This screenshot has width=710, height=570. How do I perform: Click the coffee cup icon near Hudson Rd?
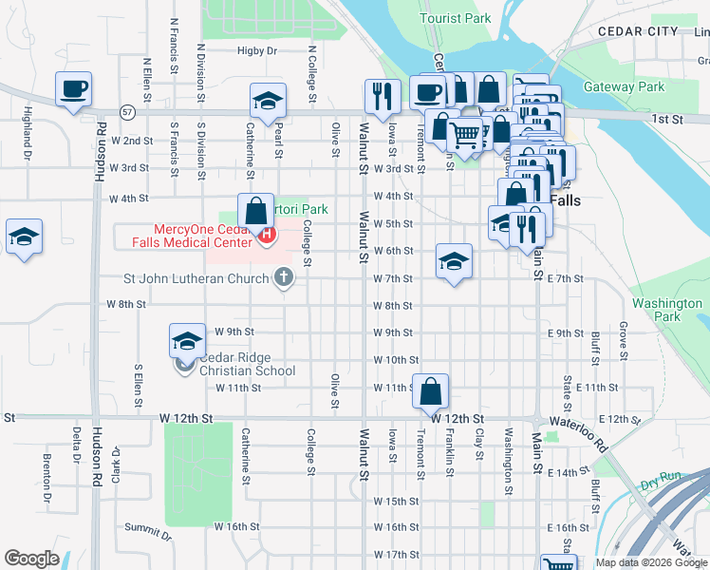tap(74, 90)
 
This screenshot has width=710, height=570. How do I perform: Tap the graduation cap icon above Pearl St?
tap(269, 102)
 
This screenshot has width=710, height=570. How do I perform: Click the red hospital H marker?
tap(267, 235)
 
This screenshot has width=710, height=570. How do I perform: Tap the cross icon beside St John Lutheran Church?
tap(282, 278)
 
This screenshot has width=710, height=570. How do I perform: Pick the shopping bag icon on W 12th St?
tap(430, 389)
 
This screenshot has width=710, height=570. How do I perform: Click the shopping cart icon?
tap(463, 135)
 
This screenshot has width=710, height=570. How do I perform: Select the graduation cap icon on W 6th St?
tap(455, 261)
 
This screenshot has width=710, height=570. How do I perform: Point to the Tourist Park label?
tap(456, 18)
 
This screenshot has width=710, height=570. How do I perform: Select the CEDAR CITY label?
tap(638, 31)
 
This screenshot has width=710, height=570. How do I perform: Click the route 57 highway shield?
tap(126, 111)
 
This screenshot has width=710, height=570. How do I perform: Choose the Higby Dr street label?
tap(257, 50)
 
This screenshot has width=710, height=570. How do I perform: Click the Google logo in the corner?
tap(31, 559)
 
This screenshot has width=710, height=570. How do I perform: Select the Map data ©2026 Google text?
tap(650, 562)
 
